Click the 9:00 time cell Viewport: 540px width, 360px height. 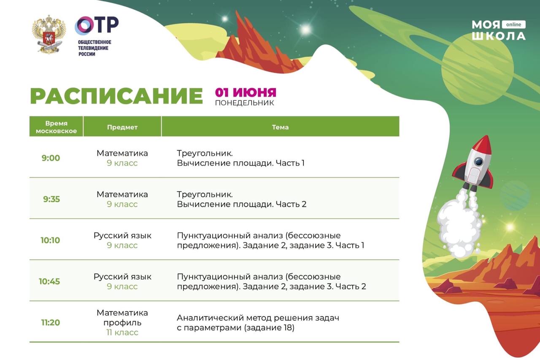coord(51,158)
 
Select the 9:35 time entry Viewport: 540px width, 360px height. coord(51,199)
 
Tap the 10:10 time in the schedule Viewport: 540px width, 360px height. coord(50,240)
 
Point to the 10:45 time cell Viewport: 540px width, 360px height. coord(49,282)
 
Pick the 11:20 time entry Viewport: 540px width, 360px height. coord(50,322)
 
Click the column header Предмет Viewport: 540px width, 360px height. coord(122,127)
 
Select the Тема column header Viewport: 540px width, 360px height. coord(280,127)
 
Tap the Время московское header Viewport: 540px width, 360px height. coord(56,127)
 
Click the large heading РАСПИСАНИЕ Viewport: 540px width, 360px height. coord(116,96)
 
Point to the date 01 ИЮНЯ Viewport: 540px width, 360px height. coord(246,92)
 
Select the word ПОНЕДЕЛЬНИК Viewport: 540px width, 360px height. coord(244,103)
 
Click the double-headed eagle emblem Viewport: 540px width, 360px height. coord(49,34)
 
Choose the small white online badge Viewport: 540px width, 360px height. coord(513,24)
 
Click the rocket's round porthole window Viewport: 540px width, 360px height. coord(478,161)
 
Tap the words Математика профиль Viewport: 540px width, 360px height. coord(122,317)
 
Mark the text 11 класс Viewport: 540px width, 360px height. coord(122,332)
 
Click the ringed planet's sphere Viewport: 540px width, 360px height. coord(478,69)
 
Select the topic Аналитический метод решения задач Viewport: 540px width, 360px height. coord(258,318)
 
